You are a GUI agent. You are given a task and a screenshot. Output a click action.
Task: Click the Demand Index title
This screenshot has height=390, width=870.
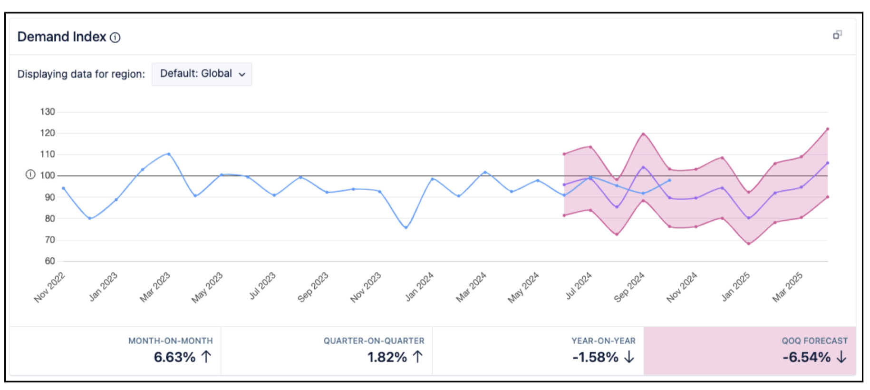[x=62, y=37]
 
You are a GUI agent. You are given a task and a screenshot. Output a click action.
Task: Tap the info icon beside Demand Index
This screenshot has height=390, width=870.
[x=116, y=38]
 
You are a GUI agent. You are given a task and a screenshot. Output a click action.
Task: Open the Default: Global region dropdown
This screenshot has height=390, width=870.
[x=202, y=74]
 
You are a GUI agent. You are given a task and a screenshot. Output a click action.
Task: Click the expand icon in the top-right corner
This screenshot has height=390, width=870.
[x=837, y=35]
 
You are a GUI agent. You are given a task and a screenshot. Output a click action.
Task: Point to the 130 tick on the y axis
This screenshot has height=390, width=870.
[x=48, y=112]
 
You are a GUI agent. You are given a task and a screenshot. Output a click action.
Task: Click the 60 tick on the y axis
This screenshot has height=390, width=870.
[x=50, y=261]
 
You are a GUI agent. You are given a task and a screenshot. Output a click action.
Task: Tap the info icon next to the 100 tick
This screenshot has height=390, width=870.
[x=30, y=175]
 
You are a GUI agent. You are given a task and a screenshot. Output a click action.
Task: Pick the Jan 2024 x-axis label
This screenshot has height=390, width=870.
[x=419, y=286]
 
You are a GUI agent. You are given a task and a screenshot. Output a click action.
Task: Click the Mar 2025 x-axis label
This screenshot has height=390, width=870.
[x=788, y=287]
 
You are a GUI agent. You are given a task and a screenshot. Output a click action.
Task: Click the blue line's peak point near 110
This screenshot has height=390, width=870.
[x=169, y=154]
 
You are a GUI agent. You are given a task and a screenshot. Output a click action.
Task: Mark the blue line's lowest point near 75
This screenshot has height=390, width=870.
[x=406, y=228]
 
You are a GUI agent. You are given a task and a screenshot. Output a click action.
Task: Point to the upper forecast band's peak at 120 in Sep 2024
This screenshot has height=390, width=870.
[x=643, y=134]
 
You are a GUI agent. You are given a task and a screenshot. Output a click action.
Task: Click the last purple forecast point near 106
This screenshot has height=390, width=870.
[x=828, y=163]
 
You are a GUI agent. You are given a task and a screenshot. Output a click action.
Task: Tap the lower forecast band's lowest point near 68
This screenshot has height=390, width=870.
[x=749, y=244]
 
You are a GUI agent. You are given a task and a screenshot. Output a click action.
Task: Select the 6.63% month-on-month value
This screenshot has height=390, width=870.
[x=174, y=357]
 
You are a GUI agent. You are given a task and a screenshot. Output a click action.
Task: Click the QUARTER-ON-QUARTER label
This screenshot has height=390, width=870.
[x=374, y=341]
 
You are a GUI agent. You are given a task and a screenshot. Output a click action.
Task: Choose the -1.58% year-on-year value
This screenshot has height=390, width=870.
[x=595, y=357]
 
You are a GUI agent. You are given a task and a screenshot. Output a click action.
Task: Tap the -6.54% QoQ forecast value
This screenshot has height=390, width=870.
[x=807, y=357]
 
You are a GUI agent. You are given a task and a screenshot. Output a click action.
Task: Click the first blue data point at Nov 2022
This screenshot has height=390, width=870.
[x=64, y=188]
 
